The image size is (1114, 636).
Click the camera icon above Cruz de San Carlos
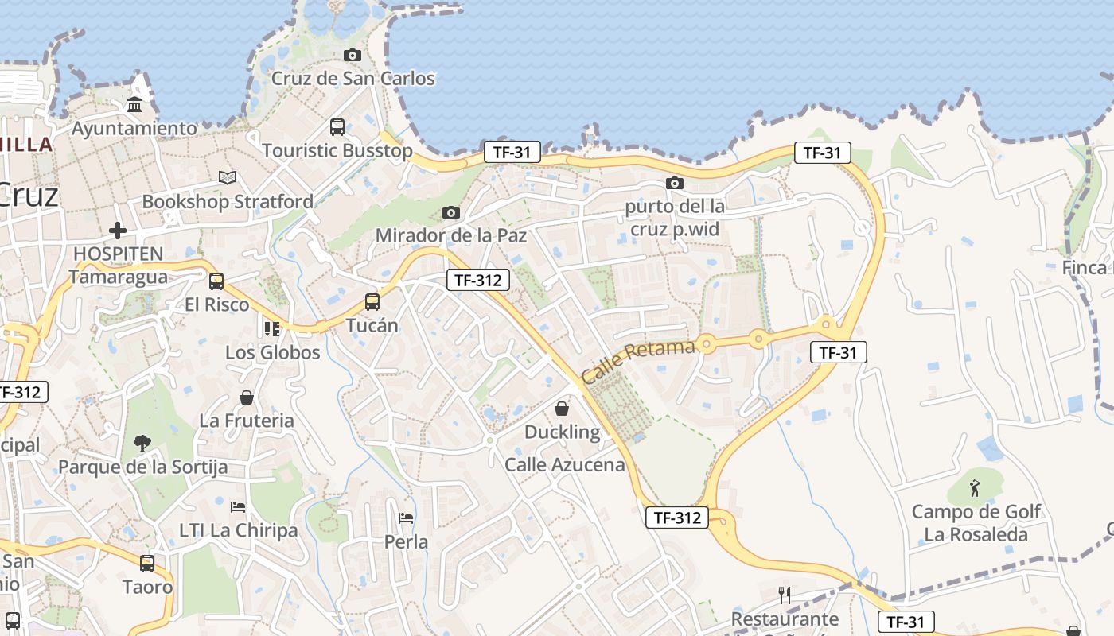coord(352,55)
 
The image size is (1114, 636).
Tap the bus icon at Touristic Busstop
coord(337,126)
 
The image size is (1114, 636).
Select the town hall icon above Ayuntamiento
coord(134,105)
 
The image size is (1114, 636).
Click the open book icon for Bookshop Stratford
coord(228,178)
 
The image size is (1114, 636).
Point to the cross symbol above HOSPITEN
coord(118,231)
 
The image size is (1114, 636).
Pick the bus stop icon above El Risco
coord(216,281)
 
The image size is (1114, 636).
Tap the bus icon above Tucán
coord(372,302)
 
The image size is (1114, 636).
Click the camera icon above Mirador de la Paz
coord(451,212)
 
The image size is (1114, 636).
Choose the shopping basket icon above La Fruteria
coord(247,397)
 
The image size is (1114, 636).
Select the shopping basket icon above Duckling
coord(562,409)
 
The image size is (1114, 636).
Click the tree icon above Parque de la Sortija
coord(142,443)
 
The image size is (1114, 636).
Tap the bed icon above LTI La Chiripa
coord(238,506)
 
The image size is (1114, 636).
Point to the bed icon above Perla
coord(406,518)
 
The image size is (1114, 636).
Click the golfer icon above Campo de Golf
coord(975,487)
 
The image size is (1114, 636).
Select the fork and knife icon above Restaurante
coord(785,595)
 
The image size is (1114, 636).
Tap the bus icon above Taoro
coord(147,564)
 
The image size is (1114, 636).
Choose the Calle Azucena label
coord(565,464)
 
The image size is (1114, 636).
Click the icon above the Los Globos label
coord(272,328)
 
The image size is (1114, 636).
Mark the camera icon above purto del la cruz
coord(675,183)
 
